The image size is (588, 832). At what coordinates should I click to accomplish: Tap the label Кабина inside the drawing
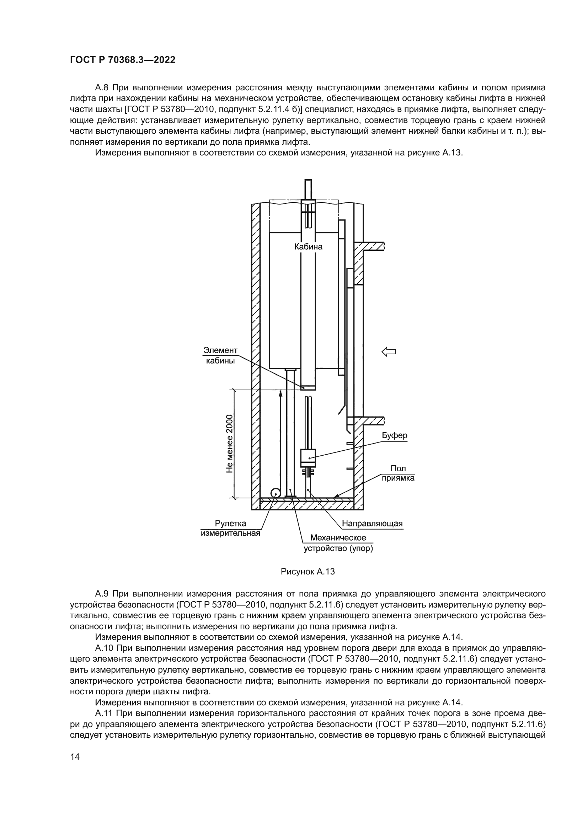(308, 247)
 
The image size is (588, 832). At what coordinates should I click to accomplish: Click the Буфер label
(395, 435)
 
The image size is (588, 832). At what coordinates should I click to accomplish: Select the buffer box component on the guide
(308, 458)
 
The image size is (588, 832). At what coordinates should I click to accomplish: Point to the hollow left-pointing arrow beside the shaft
(389, 351)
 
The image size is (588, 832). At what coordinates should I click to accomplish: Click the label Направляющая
(372, 524)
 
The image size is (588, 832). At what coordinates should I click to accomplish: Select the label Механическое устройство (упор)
(338, 543)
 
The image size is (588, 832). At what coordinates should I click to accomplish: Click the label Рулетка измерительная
(231, 528)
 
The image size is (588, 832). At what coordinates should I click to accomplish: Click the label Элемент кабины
(220, 355)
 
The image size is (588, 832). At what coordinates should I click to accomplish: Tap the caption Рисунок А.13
(308, 572)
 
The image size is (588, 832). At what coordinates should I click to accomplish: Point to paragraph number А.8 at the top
(102, 88)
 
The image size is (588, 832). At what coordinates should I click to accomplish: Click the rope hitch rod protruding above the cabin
(308, 189)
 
